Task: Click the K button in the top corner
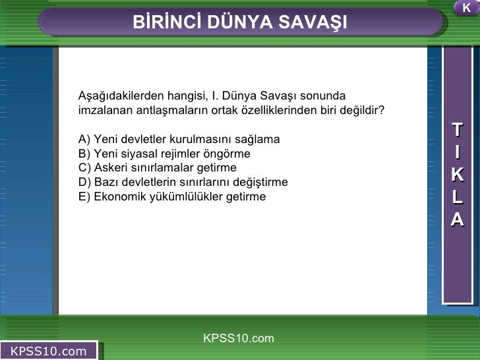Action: click(x=466, y=8)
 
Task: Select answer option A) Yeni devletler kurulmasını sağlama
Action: click(x=179, y=139)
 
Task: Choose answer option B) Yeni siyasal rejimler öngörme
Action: click(x=164, y=154)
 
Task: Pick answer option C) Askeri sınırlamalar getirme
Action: click(x=157, y=168)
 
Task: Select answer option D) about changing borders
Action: click(x=183, y=182)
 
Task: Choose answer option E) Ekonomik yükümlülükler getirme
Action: click(x=171, y=196)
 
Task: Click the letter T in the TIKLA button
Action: click(x=457, y=130)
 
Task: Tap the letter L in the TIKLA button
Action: click(x=457, y=197)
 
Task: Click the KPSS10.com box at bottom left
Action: click(x=49, y=351)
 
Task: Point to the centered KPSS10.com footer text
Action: click(x=238, y=338)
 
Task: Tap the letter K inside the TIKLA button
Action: click(x=457, y=175)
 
